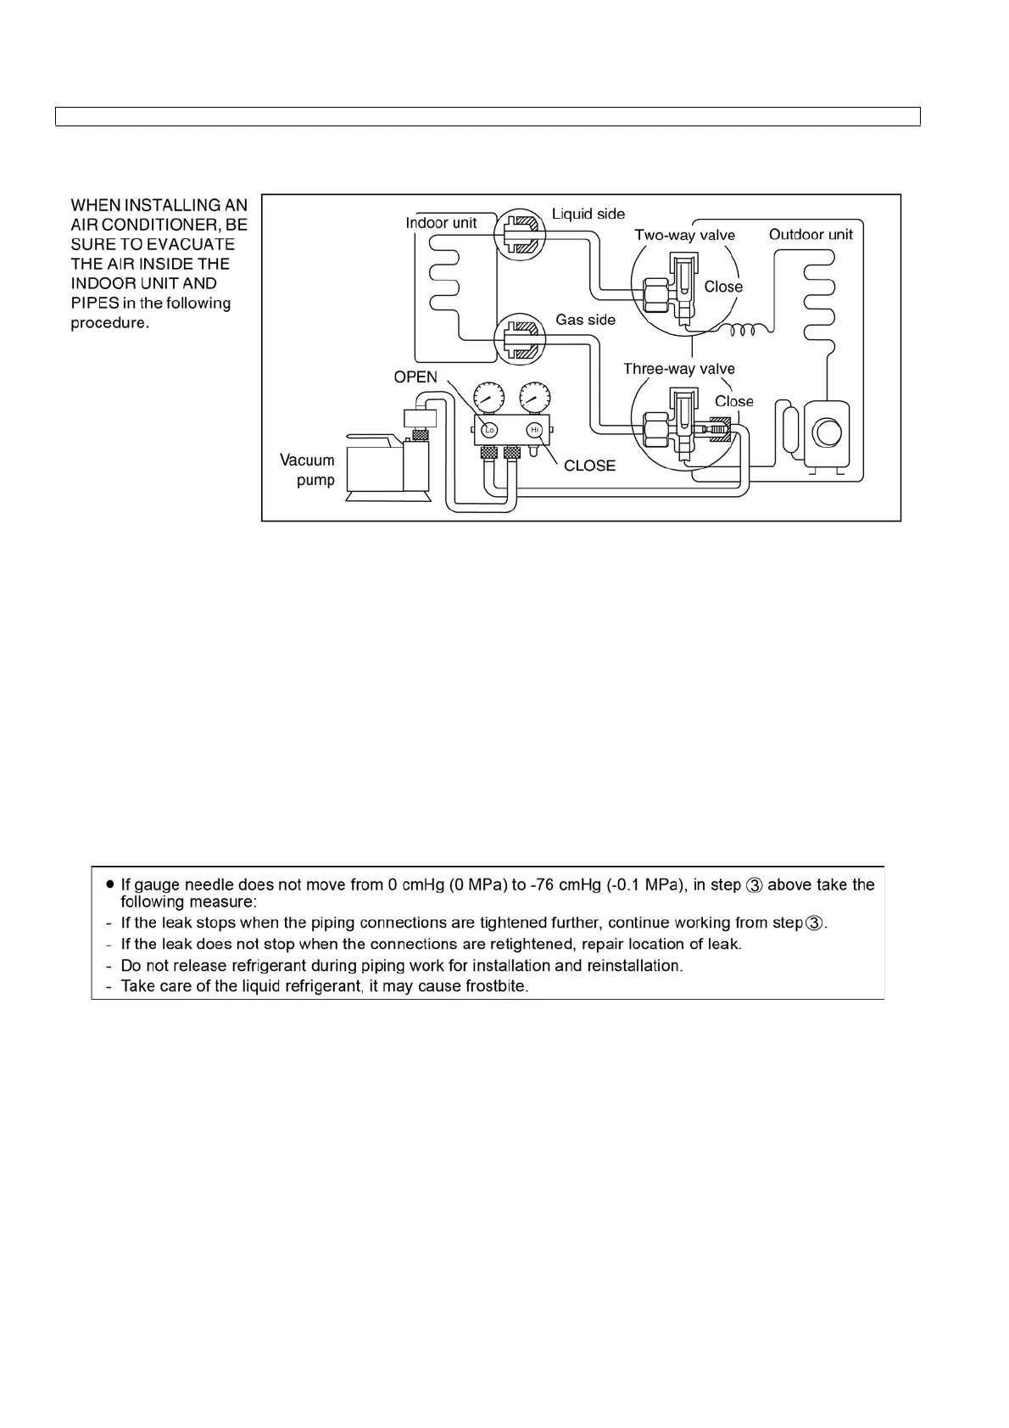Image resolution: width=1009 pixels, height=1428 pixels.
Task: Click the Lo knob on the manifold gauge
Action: [x=489, y=430]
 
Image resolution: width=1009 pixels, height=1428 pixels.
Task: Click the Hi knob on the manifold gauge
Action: [x=534, y=430]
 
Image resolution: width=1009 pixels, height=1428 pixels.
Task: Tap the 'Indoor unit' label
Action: [x=441, y=223]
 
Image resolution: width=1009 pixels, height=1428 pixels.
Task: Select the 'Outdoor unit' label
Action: [x=811, y=234]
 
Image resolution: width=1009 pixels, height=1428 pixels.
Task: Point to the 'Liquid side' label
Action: [x=588, y=215]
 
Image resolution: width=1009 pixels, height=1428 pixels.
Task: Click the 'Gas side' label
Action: [x=586, y=320]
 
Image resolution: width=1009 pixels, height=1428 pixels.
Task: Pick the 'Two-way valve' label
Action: [x=685, y=235]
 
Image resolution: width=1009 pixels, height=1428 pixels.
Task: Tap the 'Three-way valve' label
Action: [x=679, y=369]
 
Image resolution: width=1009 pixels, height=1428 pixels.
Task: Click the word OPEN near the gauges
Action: [x=415, y=377]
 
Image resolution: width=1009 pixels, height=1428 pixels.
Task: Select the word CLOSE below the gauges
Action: [x=589, y=466]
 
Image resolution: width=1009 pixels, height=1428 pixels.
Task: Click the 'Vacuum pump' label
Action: [x=308, y=470]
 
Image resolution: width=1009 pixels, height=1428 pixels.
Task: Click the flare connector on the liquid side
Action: [x=519, y=231]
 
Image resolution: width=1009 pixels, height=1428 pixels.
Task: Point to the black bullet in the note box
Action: [x=110, y=884]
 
